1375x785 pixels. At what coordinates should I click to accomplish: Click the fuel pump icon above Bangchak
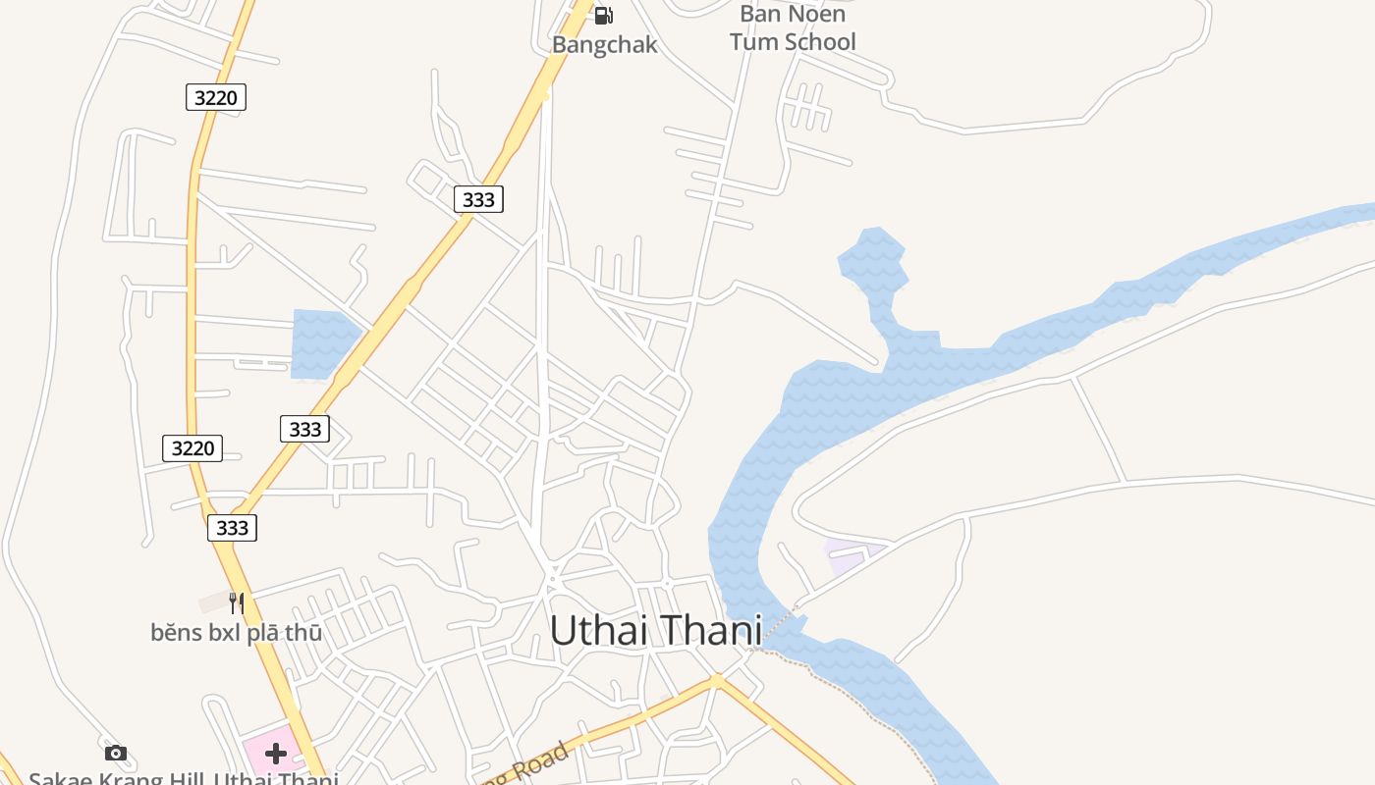pyautogui.click(x=604, y=15)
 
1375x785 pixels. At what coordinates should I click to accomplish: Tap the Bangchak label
pyautogui.click(x=604, y=44)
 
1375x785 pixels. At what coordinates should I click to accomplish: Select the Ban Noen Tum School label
pyautogui.click(x=793, y=27)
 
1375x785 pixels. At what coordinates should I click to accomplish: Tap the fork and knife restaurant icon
pyautogui.click(x=236, y=602)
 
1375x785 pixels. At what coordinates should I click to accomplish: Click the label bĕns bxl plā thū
pyautogui.click(x=236, y=633)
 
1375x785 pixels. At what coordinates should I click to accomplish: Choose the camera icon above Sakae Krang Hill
pyautogui.click(x=116, y=753)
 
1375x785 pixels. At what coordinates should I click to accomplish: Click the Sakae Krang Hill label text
pyautogui.click(x=183, y=778)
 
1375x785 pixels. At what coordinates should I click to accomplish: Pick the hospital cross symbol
pyautogui.click(x=276, y=753)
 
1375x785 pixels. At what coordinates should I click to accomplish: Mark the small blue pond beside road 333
pyautogui.click(x=321, y=342)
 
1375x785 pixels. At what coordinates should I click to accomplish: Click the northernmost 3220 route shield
pyautogui.click(x=215, y=96)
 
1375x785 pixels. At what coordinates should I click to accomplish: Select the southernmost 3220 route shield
pyautogui.click(x=192, y=448)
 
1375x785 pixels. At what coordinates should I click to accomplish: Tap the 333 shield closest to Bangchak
pyautogui.click(x=478, y=199)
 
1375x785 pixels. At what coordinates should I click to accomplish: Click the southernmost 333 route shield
pyautogui.click(x=232, y=527)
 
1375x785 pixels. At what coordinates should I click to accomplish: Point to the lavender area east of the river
pyautogui.click(x=847, y=554)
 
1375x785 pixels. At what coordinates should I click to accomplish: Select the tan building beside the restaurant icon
pyautogui.click(x=213, y=602)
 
